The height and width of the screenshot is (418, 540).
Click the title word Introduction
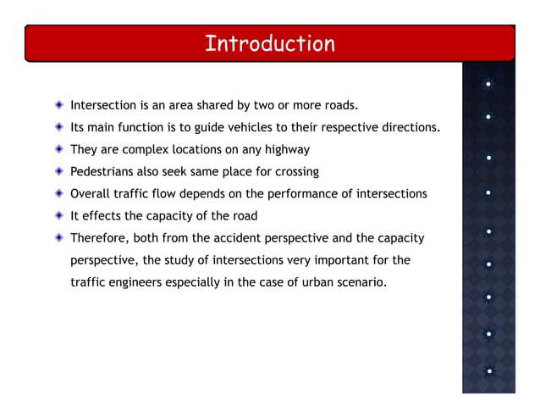pyautogui.click(x=269, y=43)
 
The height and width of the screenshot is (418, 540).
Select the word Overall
pyautogui.click(x=92, y=194)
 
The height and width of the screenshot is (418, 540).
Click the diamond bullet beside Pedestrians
pyautogui.click(x=58, y=172)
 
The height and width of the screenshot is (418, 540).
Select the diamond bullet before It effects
pyautogui.click(x=58, y=216)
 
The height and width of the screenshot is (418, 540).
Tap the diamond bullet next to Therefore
pyautogui.click(x=58, y=238)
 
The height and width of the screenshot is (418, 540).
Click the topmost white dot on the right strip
pyautogui.click(x=489, y=84)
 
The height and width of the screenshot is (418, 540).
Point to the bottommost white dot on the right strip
pyautogui.click(x=489, y=371)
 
